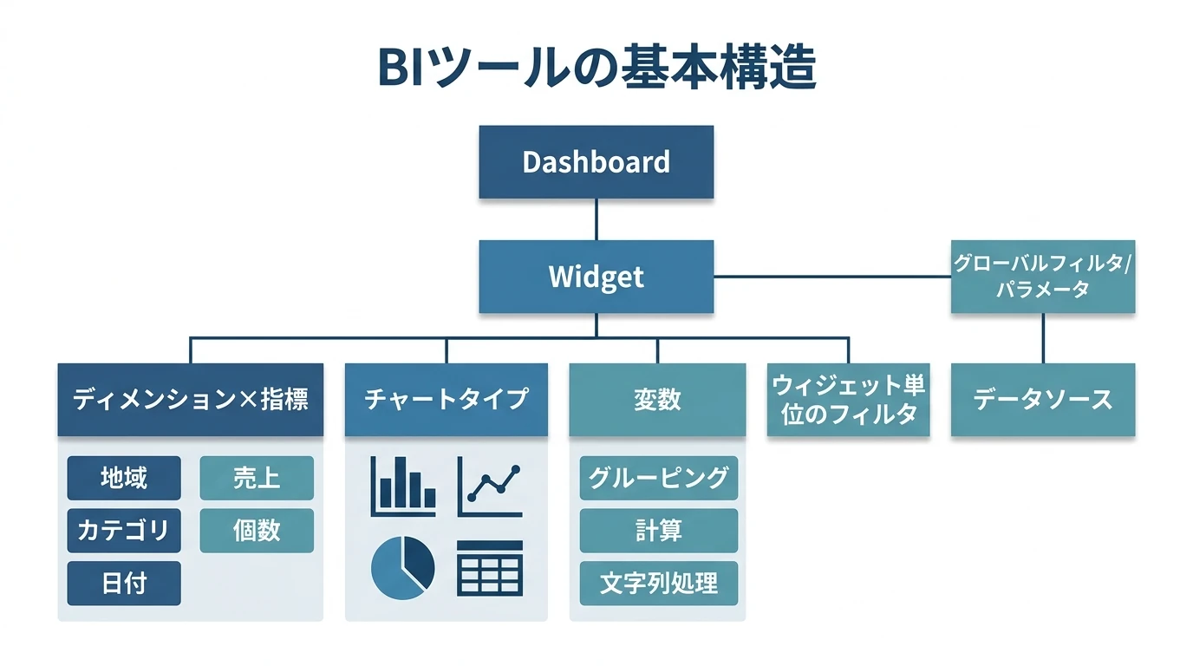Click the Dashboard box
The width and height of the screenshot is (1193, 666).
[x=596, y=162]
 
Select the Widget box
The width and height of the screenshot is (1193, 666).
[x=596, y=277]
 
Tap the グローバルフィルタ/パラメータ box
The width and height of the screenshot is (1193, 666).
[x=1042, y=277]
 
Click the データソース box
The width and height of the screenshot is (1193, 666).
[x=1042, y=400]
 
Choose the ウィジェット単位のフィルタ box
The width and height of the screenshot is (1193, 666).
[x=848, y=400]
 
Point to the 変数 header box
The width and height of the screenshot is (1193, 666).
[x=656, y=400]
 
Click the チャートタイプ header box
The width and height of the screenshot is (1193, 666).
[x=446, y=400]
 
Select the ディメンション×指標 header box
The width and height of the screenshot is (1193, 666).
[x=190, y=400]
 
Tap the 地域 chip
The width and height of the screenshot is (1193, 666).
[x=124, y=478]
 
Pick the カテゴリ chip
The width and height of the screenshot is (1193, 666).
[x=124, y=530]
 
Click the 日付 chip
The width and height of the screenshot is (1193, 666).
[x=124, y=583]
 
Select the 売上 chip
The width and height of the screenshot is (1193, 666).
[x=257, y=478]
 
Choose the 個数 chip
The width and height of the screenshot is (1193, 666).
[x=257, y=530]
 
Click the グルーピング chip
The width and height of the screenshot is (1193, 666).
[x=658, y=478]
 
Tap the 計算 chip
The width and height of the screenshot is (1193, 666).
[x=658, y=530]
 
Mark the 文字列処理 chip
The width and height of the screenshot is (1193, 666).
[x=658, y=583]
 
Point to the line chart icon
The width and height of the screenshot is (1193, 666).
[x=490, y=486]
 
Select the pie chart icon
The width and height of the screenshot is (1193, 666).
[x=403, y=567]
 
